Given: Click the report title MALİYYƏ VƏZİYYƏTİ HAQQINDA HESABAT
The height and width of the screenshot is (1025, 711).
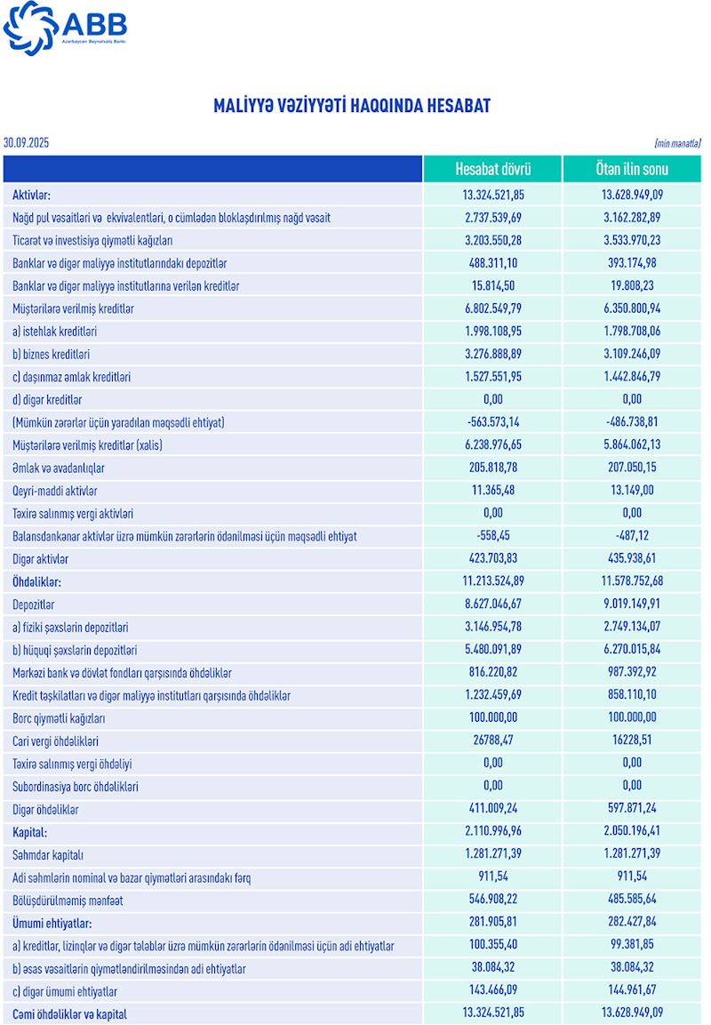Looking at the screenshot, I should pos(352,107).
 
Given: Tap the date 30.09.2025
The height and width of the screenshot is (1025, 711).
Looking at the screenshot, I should pos(27,142).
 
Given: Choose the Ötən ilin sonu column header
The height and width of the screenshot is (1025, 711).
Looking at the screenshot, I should pos(631,169).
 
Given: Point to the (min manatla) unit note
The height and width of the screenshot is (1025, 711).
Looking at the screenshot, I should pos(677,143).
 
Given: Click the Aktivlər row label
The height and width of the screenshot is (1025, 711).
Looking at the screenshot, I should pos(32,194).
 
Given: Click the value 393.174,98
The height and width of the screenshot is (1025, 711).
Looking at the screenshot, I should pos(631,262).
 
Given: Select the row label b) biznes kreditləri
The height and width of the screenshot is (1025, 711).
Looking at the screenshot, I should pos(52,354).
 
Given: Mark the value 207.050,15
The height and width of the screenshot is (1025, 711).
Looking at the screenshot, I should pos(631,468).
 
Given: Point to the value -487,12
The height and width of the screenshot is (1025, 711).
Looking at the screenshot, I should pos(631,536).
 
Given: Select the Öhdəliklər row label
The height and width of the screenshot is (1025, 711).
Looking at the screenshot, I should pos(36,581).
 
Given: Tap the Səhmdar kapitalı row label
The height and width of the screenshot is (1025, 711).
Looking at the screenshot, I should pos(48,854).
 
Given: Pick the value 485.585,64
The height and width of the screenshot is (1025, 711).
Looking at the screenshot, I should pos(631,900).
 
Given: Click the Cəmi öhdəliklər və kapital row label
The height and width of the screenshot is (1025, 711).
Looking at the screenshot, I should pos(69,1013).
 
